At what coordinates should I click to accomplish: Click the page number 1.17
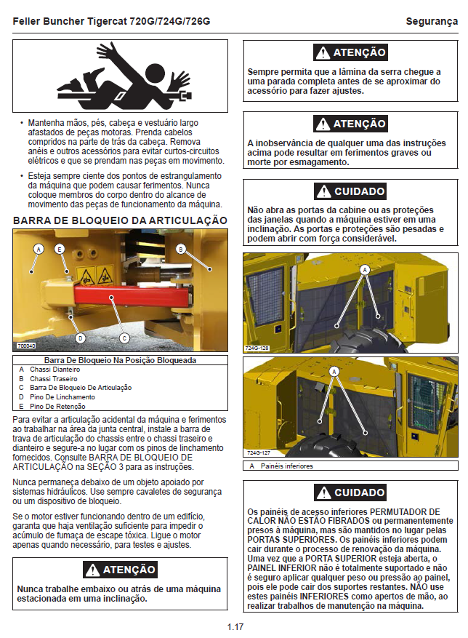[234, 626]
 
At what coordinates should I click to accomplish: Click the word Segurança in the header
[432, 21]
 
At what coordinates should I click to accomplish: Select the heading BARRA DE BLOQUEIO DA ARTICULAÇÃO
[120, 220]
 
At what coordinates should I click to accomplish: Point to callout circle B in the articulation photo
[181, 249]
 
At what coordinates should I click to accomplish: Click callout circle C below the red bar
[124, 338]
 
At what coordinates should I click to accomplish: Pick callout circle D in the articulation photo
[80, 338]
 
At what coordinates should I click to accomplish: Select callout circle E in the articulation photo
[60, 249]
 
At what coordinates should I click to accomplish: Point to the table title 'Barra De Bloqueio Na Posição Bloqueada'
[120, 360]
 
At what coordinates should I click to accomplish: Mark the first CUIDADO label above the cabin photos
[351, 191]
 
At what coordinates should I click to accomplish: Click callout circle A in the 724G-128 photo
[366, 269]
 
